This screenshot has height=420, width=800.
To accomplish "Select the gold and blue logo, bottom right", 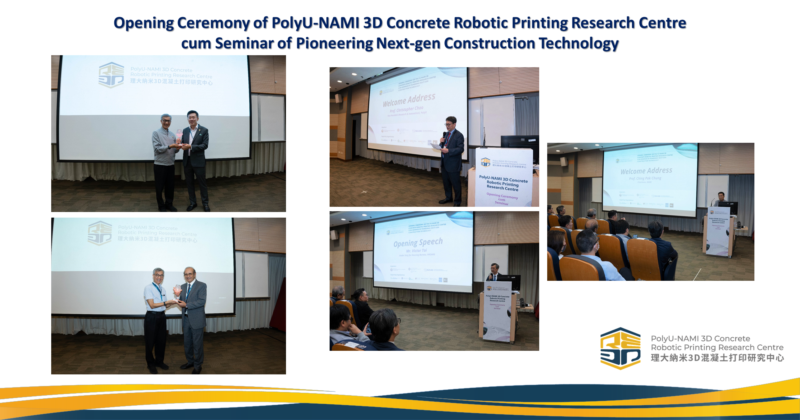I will (x=620, y=348).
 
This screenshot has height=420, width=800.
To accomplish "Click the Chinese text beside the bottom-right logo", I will (x=717, y=358).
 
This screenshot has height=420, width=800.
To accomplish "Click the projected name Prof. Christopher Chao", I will (x=406, y=109).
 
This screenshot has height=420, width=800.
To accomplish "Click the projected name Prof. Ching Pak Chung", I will (x=645, y=178).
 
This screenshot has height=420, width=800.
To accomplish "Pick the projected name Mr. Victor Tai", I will (x=416, y=251).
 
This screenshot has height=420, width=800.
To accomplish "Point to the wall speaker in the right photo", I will (x=564, y=162).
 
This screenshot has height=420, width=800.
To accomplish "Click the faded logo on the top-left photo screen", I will (x=111, y=75).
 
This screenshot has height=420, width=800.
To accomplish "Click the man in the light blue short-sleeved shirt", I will (x=156, y=316).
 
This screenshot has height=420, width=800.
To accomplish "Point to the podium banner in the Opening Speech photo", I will (x=497, y=312).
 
